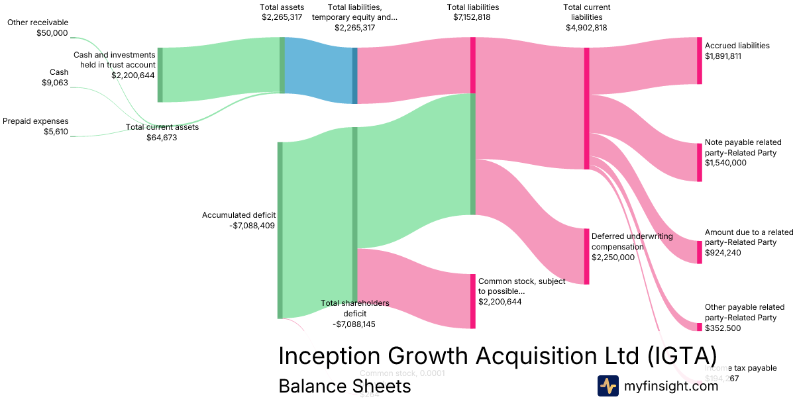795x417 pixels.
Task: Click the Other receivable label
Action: (37, 23)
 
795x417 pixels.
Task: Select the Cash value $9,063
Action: (54, 83)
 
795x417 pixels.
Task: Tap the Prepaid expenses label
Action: (36, 121)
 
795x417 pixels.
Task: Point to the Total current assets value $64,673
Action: (162, 138)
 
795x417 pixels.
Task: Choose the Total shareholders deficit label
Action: (355, 308)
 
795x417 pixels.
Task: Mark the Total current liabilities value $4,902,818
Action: (586, 28)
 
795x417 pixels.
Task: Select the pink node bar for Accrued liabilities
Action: (699, 60)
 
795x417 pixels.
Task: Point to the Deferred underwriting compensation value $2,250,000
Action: (613, 257)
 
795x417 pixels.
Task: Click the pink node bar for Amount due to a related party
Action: (699, 252)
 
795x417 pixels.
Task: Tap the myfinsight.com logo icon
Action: (608, 385)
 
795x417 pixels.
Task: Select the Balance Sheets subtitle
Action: (344, 386)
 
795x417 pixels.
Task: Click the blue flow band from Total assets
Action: (319, 70)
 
